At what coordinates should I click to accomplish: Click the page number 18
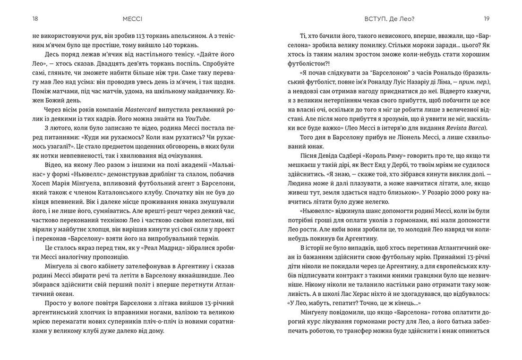click(x=35, y=19)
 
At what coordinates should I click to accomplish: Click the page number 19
click(x=486, y=19)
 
